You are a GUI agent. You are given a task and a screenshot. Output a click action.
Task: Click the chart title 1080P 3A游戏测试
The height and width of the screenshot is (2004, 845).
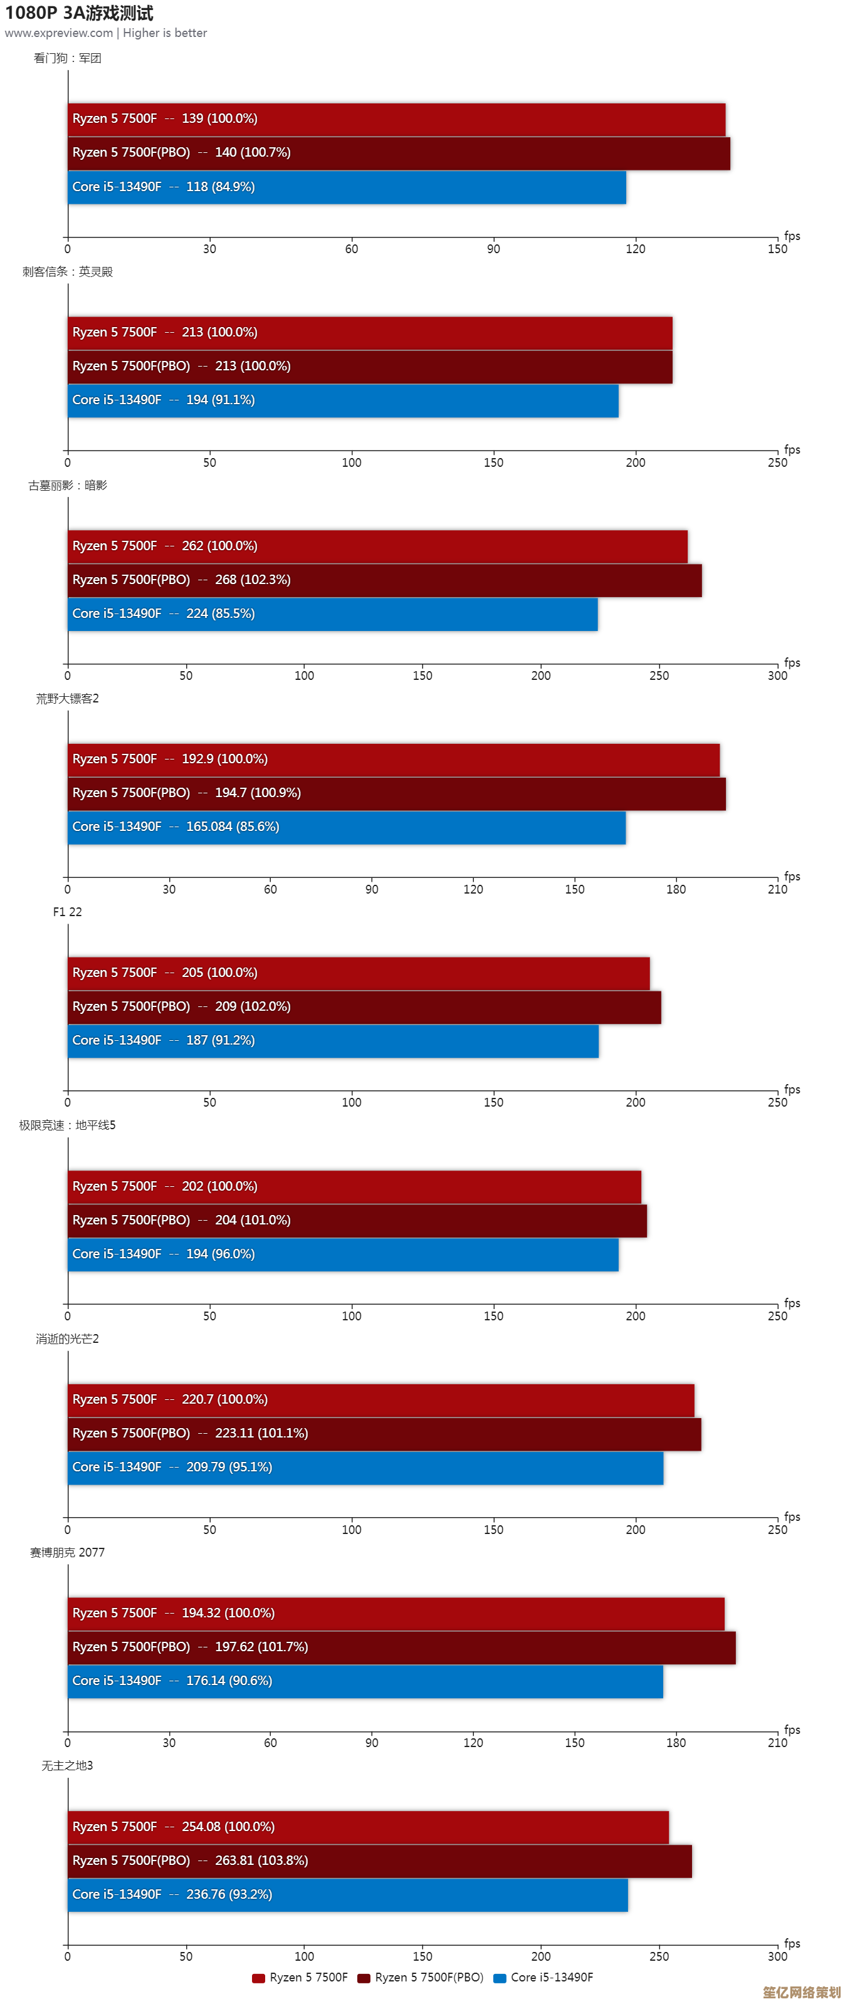point(78,13)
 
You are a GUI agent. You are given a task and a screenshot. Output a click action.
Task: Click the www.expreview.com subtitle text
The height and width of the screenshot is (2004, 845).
point(58,33)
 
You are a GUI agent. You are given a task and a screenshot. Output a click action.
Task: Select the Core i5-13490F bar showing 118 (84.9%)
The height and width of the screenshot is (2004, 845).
point(346,187)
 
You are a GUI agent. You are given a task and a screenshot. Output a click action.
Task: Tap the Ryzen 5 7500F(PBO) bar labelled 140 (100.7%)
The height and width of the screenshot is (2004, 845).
point(399,152)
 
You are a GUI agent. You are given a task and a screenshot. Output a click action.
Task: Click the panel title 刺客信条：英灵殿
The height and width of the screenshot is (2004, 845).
point(67,271)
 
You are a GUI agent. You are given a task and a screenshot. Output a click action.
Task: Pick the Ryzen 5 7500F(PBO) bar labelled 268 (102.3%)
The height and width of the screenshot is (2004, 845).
point(384,580)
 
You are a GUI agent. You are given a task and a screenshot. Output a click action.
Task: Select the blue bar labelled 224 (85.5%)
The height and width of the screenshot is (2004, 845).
point(332,614)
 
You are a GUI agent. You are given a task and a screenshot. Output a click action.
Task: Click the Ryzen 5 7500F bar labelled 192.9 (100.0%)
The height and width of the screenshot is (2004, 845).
point(393,759)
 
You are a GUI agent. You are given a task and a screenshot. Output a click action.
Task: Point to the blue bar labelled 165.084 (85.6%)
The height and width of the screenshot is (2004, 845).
point(346,827)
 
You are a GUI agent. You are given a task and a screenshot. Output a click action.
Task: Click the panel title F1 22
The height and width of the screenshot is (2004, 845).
point(67,912)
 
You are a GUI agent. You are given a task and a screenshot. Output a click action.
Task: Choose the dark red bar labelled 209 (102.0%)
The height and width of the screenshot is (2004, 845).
point(364,1006)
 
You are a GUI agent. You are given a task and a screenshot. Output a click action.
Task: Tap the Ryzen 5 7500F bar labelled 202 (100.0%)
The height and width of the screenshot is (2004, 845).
point(354,1186)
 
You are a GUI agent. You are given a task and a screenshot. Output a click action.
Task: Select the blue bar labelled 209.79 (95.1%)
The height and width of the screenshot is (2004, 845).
point(365,1467)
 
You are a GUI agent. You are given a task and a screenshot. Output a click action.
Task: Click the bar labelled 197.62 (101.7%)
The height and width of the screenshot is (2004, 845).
point(401,1647)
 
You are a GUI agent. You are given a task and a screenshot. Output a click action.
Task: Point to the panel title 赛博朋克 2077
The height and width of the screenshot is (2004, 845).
point(67,1552)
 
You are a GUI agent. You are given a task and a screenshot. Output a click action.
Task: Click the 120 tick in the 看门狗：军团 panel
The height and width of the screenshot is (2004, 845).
point(635,249)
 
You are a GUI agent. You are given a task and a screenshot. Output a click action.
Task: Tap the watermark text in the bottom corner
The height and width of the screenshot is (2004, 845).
point(800,1991)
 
